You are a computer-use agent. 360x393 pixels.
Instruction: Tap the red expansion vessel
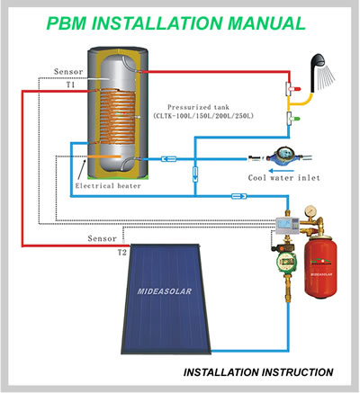(x=320, y=267)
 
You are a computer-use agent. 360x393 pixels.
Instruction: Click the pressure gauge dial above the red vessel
(x=310, y=211)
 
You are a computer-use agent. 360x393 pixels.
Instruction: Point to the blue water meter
(x=282, y=155)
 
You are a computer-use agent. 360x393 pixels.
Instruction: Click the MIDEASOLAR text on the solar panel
(x=165, y=291)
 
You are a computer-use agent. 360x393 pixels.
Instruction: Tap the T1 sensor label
(x=70, y=85)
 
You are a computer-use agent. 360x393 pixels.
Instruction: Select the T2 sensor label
(x=122, y=253)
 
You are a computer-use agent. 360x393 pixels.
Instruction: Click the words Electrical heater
(x=108, y=186)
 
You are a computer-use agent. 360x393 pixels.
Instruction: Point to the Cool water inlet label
(x=283, y=178)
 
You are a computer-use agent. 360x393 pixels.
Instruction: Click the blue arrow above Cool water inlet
(x=281, y=171)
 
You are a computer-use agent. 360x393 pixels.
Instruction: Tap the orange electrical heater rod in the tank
(x=104, y=156)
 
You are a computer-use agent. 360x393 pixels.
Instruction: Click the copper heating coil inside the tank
(x=118, y=116)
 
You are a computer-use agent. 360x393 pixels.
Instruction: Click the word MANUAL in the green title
(x=266, y=23)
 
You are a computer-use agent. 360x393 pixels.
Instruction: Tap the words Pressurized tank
(x=198, y=107)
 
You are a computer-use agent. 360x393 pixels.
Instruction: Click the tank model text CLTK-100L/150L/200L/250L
(x=203, y=116)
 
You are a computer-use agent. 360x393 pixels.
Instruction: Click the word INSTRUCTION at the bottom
(x=298, y=372)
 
